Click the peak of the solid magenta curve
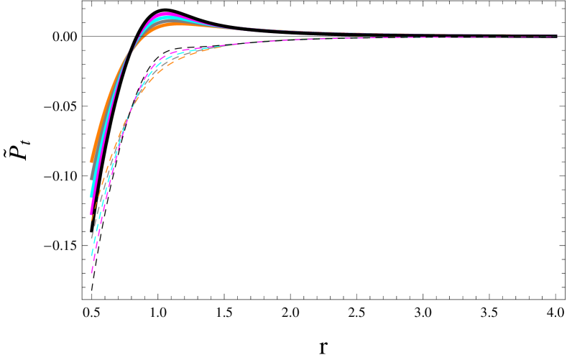click(166, 14)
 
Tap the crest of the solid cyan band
click(167, 18)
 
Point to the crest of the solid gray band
click(170, 21)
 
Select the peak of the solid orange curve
click(172, 24)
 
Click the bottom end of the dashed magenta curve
click(92, 272)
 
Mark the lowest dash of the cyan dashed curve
click(93, 254)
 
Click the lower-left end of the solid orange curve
click(91, 162)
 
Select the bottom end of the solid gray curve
click(91, 178)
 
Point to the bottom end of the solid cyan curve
click(91, 195)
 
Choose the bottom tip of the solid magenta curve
click(91, 213)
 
